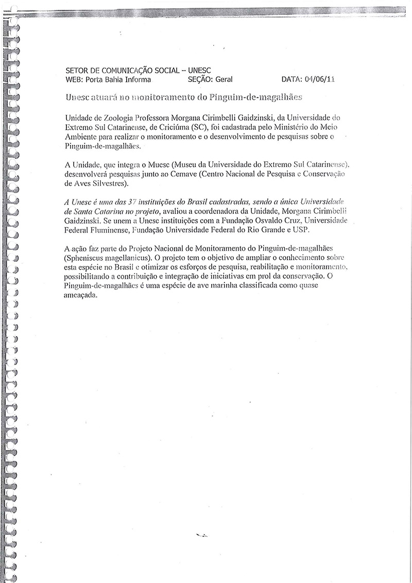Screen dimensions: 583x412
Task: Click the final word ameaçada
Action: pyautogui.click(x=81, y=295)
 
